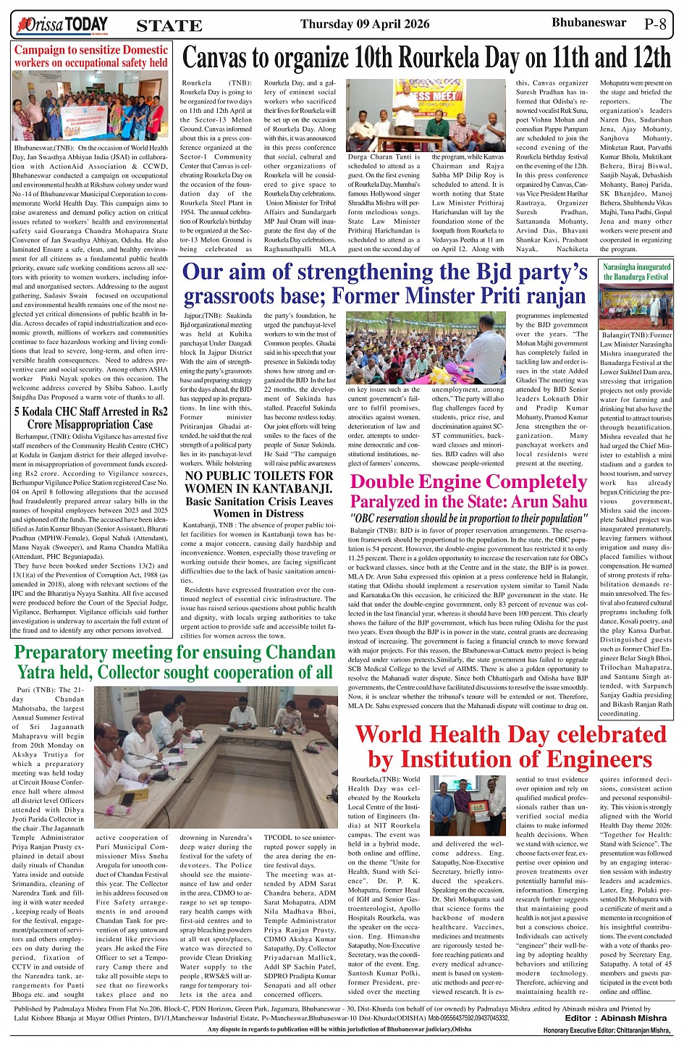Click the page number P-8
(x=655, y=24)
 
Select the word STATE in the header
(x=169, y=26)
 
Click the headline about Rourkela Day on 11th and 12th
(x=426, y=57)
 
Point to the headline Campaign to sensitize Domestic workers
(x=91, y=56)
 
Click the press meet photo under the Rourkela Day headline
(x=426, y=116)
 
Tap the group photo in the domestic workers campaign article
(x=90, y=107)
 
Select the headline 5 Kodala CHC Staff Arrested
(x=91, y=418)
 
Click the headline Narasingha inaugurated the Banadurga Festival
(x=637, y=271)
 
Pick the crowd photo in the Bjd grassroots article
(x=426, y=348)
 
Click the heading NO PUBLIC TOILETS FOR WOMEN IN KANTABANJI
(x=259, y=482)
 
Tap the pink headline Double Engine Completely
(x=468, y=481)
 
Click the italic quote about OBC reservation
(x=468, y=518)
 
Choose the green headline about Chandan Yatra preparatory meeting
(x=174, y=662)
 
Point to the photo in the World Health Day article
(x=468, y=807)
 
